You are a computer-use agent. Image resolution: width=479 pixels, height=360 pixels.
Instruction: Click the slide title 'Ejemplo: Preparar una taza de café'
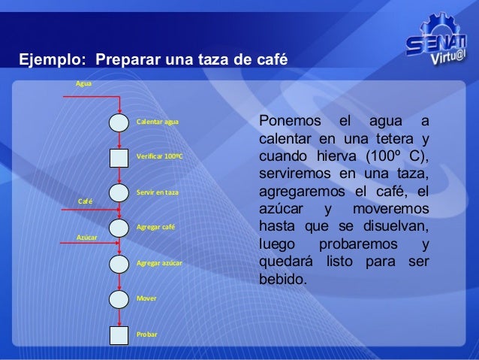click(x=154, y=59)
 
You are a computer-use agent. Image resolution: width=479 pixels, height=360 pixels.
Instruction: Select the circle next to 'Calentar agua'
click(x=119, y=122)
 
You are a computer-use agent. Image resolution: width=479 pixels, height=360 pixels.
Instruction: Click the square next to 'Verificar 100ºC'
click(x=119, y=157)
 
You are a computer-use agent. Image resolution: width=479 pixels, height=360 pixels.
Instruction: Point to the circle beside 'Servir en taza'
click(x=119, y=193)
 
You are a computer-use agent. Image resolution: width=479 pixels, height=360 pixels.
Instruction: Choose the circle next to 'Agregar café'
click(x=119, y=227)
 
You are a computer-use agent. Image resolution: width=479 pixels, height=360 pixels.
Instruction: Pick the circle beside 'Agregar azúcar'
click(x=119, y=263)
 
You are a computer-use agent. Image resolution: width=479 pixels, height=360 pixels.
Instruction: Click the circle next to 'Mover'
click(x=119, y=298)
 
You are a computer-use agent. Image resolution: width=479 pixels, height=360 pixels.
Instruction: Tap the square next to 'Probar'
click(x=119, y=334)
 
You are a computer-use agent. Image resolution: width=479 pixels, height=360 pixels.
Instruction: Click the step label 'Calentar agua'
click(x=158, y=122)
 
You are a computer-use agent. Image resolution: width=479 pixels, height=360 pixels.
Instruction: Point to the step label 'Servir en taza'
click(x=158, y=193)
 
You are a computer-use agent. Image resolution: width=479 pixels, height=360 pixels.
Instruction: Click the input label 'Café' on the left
click(x=86, y=201)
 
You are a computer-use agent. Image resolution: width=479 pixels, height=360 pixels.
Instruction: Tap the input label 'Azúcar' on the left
click(x=87, y=237)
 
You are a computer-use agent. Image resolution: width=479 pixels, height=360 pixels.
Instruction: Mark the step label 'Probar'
click(x=147, y=334)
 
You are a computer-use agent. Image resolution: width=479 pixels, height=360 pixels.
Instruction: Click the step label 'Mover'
click(x=146, y=298)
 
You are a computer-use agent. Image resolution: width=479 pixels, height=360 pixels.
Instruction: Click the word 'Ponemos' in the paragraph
click(x=289, y=123)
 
